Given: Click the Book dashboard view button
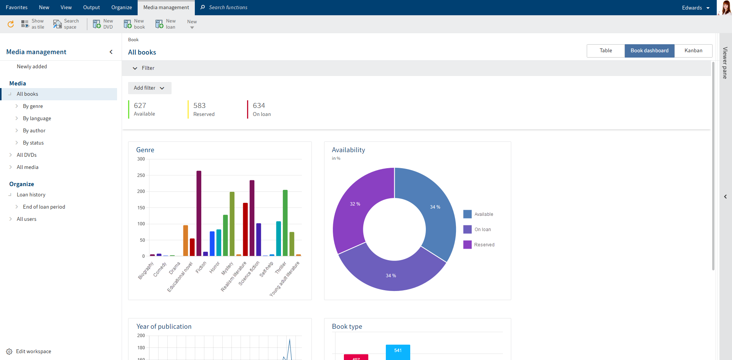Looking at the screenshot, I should (x=649, y=51).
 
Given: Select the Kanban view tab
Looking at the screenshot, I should (x=693, y=51).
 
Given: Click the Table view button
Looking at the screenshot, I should (x=605, y=51).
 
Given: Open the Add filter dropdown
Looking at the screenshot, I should (x=149, y=88).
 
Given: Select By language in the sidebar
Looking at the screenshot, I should (x=37, y=119).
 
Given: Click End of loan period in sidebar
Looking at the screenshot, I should (x=44, y=207).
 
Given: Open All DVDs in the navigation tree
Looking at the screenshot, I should (x=27, y=155).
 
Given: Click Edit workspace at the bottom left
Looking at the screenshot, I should (x=33, y=352).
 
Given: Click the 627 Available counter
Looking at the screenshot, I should (x=144, y=109).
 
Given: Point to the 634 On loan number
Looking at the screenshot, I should (x=259, y=106).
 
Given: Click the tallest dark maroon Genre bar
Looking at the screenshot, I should (x=199, y=214).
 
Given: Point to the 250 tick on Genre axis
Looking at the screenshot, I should (x=141, y=175).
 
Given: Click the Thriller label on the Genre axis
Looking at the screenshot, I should (x=281, y=268).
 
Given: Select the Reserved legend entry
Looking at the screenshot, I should (x=484, y=245).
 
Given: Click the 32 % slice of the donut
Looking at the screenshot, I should (x=355, y=204).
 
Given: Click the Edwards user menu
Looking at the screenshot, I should (x=695, y=8).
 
